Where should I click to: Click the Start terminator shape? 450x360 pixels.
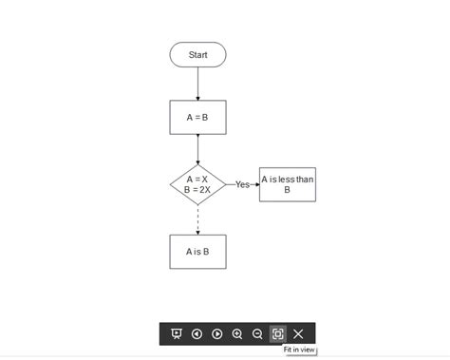tap(197, 55)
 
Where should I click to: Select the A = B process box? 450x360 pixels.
tap(197, 117)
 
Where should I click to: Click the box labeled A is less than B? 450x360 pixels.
tap(287, 184)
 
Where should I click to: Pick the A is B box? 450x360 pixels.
tap(197, 252)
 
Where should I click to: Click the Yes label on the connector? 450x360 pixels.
tap(242, 184)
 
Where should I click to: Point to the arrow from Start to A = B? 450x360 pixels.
tap(197, 84)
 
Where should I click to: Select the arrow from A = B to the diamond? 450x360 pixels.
tap(197, 149)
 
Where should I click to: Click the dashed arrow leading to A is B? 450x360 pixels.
tap(197, 219)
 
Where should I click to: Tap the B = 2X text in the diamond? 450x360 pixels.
tap(197, 189)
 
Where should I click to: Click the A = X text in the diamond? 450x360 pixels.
tap(197, 179)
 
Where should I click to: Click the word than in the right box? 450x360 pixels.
tap(303, 180)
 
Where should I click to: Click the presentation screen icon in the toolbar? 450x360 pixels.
tap(176, 333)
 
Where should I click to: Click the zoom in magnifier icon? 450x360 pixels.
tap(237, 333)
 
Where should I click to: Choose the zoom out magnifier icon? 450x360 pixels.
tap(257, 333)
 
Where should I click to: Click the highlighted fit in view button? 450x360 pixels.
tap(277, 333)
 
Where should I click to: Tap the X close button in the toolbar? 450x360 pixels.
tap(298, 333)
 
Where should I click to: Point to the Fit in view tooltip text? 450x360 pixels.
tap(299, 351)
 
